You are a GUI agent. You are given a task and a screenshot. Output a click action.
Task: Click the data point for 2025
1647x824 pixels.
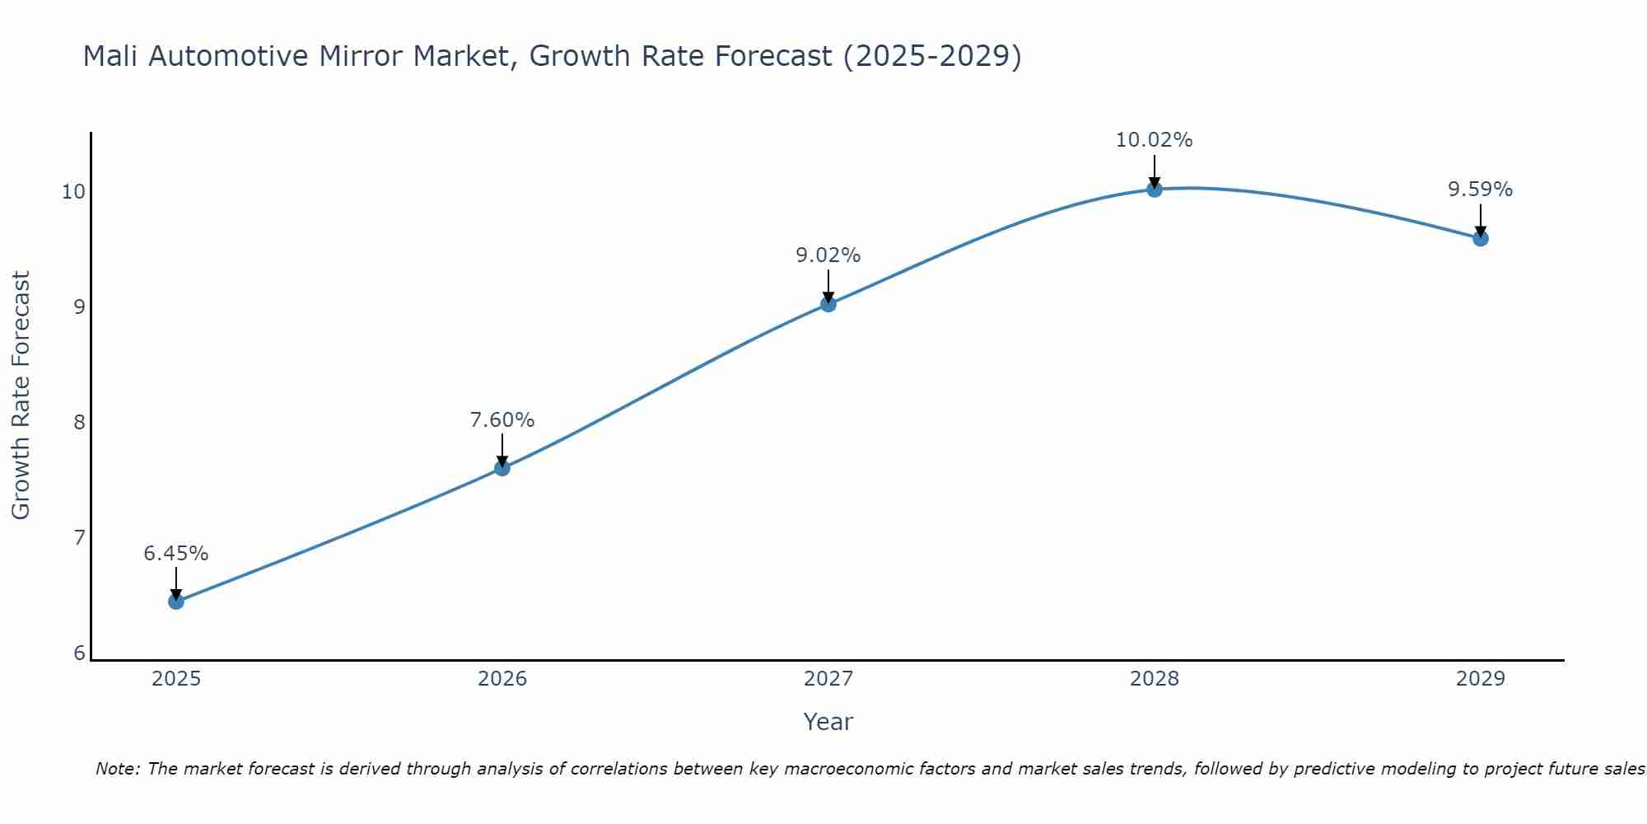[x=176, y=601]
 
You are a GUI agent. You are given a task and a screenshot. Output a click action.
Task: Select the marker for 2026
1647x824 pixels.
[x=502, y=468]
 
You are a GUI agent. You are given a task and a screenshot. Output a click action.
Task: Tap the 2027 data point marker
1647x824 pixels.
[x=828, y=304]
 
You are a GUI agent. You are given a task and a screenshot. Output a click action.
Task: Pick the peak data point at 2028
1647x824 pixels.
[x=1155, y=190]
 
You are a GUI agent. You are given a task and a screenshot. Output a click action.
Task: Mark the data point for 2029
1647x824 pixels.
[x=1480, y=238]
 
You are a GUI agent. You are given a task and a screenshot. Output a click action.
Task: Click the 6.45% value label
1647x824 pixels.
[x=176, y=554]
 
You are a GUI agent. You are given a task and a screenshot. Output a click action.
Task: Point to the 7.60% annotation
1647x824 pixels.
[x=502, y=420]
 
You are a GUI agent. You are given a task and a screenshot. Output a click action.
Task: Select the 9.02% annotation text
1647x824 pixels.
[x=828, y=255]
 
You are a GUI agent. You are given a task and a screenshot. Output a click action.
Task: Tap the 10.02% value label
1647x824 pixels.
[x=1155, y=140]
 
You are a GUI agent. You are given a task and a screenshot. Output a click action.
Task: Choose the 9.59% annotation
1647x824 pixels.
[x=1480, y=190]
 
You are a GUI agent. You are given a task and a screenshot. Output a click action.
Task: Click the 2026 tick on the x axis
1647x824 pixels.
[x=502, y=679]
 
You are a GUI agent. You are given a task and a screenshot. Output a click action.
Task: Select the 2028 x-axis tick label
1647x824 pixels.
[x=1155, y=679]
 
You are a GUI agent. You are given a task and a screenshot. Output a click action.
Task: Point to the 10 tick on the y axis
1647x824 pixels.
[x=74, y=192]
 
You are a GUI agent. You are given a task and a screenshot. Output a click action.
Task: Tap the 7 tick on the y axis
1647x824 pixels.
[x=79, y=538]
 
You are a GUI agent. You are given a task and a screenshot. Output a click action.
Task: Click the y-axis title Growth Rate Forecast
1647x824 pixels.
[x=21, y=396]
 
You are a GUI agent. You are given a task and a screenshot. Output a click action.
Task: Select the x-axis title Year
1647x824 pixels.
[x=828, y=722]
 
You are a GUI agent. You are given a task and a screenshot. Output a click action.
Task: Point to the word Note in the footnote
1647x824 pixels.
[x=119, y=769]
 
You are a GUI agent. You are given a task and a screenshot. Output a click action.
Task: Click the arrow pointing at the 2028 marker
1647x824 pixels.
[x=1155, y=171]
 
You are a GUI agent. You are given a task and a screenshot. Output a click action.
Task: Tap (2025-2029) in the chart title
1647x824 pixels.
[x=932, y=57]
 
